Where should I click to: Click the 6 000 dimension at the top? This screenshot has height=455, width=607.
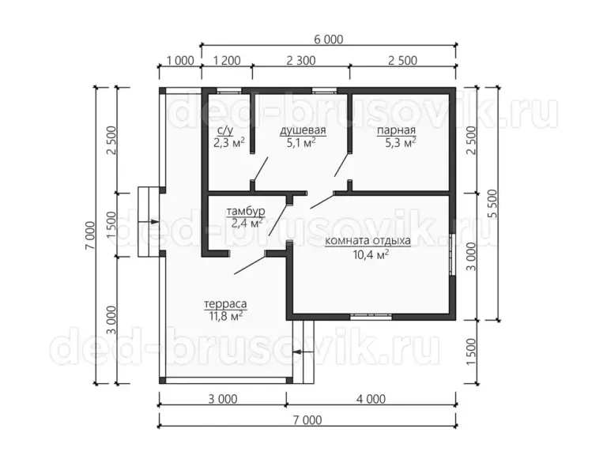click(x=328, y=39)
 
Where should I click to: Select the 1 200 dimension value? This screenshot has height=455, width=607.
click(x=227, y=61)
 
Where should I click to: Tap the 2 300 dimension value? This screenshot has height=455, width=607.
click(x=301, y=61)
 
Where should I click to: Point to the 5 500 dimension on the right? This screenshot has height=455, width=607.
click(x=492, y=204)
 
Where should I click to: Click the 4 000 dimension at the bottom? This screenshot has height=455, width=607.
click(x=371, y=399)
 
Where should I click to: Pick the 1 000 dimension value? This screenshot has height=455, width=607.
click(x=180, y=61)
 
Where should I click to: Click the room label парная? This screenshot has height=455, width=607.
click(x=397, y=130)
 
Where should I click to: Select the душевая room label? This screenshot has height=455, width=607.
click(x=303, y=130)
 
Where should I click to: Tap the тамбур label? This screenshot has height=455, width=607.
click(x=246, y=212)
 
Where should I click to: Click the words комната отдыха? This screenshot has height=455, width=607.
click(x=368, y=241)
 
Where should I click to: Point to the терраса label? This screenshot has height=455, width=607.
click(x=225, y=304)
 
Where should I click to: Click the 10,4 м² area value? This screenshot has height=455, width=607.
click(x=371, y=254)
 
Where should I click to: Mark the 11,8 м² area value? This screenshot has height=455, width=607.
click(x=226, y=316)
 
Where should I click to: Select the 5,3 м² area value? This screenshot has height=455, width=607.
click(x=400, y=143)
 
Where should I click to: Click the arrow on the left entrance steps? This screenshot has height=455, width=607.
click(x=149, y=222)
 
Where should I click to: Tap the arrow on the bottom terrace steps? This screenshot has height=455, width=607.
click(x=303, y=352)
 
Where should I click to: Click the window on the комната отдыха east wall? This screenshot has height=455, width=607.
click(x=452, y=254)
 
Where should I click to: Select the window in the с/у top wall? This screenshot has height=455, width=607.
click(x=228, y=92)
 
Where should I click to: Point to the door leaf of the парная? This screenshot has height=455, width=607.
click(x=342, y=165)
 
